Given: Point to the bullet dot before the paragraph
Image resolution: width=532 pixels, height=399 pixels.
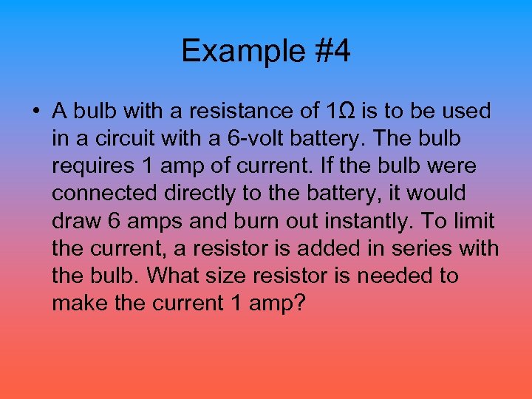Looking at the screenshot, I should [x=35, y=112].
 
